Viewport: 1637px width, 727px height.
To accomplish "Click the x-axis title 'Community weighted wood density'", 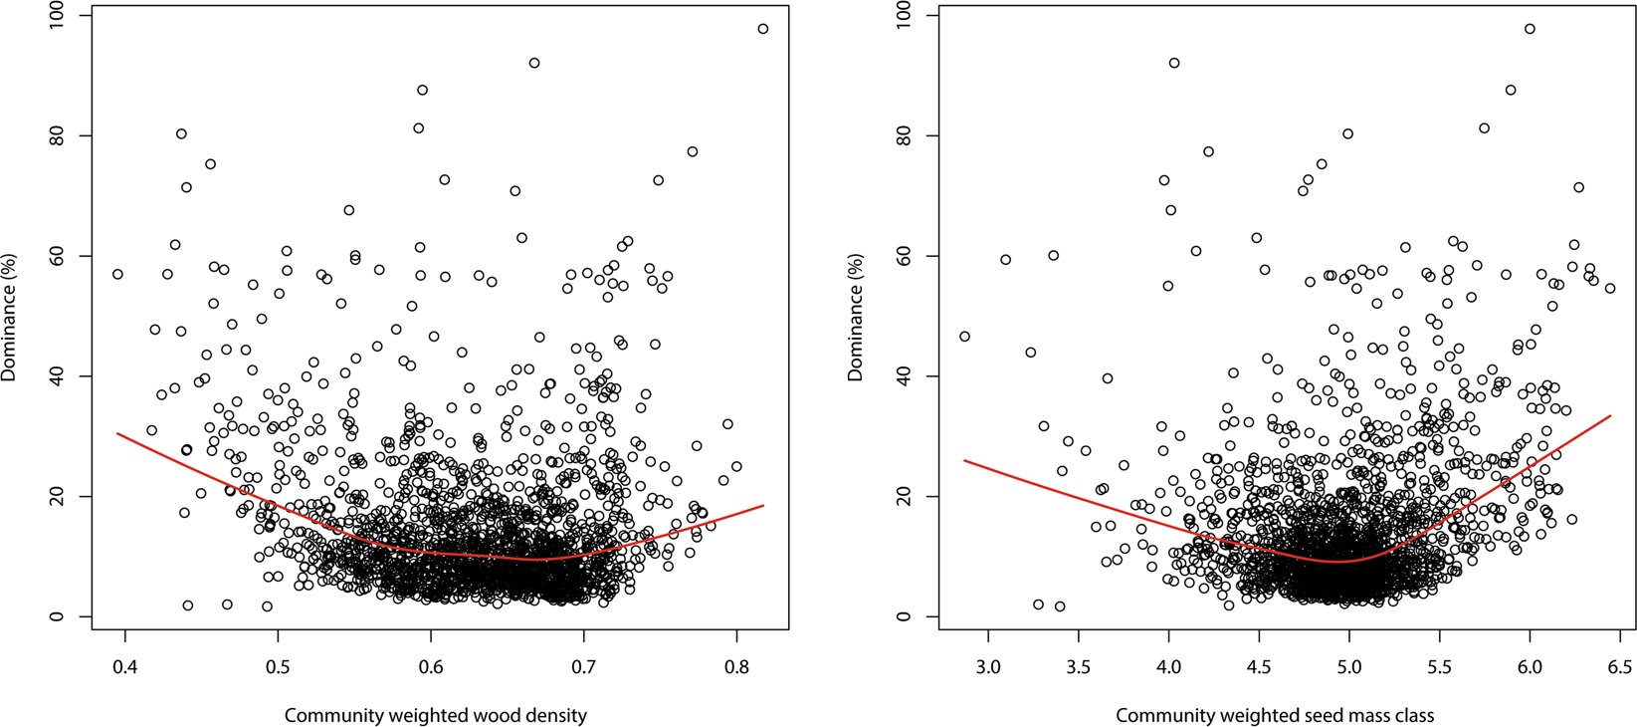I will click(436, 715).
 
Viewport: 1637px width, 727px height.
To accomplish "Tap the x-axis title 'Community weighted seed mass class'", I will click(1275, 715).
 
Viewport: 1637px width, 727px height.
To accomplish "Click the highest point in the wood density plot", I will click(763, 29).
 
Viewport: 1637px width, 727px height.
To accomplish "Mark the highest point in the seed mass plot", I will click(1530, 29).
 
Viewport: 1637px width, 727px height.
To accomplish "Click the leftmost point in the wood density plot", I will click(117, 274).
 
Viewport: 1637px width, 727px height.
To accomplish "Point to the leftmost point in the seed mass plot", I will click(964, 337).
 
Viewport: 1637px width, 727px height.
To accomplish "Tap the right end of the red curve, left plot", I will click(763, 506).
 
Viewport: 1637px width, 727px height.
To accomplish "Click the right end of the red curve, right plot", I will click(1610, 415).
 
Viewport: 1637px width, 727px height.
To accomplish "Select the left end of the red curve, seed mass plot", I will click(964, 460).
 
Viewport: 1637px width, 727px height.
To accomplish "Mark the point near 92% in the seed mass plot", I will click(1174, 63).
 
